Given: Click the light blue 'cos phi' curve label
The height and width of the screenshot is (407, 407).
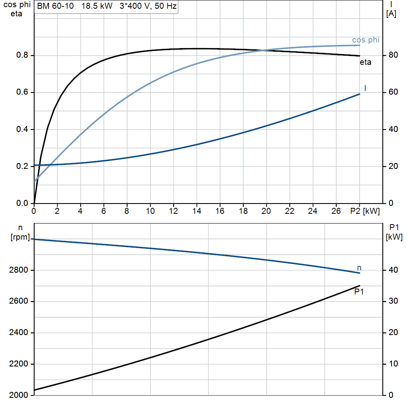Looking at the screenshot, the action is (366, 40).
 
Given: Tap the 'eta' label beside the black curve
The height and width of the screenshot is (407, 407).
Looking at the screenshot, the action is (366, 62).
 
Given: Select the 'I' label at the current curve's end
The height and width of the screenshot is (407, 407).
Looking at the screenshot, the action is (365, 88).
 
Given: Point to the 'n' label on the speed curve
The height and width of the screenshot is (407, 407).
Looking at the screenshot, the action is (359, 267).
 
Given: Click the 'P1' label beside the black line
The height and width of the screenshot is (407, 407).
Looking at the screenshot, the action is (359, 292).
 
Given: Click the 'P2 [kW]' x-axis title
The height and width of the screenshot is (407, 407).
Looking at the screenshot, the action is (365, 211).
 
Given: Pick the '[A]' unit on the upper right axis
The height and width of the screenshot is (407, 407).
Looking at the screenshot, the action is (391, 14).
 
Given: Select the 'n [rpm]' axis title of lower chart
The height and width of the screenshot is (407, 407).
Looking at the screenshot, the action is (20, 232).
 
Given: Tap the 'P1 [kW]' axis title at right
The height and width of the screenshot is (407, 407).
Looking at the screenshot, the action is (394, 232).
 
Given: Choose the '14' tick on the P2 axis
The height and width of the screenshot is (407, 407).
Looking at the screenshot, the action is (197, 211).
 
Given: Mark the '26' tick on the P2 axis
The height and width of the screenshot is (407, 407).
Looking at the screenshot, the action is (336, 211).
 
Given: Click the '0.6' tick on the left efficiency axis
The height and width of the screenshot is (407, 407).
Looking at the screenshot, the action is (22, 92).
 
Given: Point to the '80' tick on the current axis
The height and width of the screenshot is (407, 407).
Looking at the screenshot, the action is (393, 55).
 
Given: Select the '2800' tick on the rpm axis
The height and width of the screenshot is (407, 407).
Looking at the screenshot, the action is (18, 270).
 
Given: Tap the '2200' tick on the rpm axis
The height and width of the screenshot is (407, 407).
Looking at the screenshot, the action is (18, 364).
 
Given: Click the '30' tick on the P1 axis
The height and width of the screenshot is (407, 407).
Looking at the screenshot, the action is (393, 301).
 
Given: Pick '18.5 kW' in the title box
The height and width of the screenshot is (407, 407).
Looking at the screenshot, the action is (97, 6).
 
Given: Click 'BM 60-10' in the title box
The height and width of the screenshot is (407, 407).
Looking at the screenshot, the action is (55, 6).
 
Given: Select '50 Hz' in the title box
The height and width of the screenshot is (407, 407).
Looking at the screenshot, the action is (166, 6).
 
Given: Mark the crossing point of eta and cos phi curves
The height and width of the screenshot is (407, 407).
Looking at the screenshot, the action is (264, 50).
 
